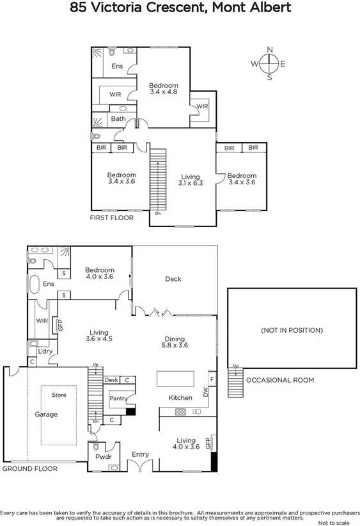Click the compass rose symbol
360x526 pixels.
[x=269, y=63]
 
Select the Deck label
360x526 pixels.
[x=173, y=279]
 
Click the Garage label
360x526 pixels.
[x=46, y=415]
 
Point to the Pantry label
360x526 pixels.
[x=117, y=398]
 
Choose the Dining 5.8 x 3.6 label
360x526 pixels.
[x=175, y=343]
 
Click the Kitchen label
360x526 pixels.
[x=180, y=398]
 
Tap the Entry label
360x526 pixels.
[x=140, y=454]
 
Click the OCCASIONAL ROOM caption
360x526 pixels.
[x=280, y=380]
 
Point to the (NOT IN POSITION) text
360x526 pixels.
[x=292, y=330]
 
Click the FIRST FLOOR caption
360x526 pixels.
[x=111, y=218]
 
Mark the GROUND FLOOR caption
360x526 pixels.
[x=29, y=469]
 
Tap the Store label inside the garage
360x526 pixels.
[x=59, y=395]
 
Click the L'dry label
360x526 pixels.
[x=45, y=352]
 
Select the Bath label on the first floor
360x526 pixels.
[x=118, y=118]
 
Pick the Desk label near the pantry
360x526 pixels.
[x=111, y=380]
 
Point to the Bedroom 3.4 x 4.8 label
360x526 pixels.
[x=164, y=88]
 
